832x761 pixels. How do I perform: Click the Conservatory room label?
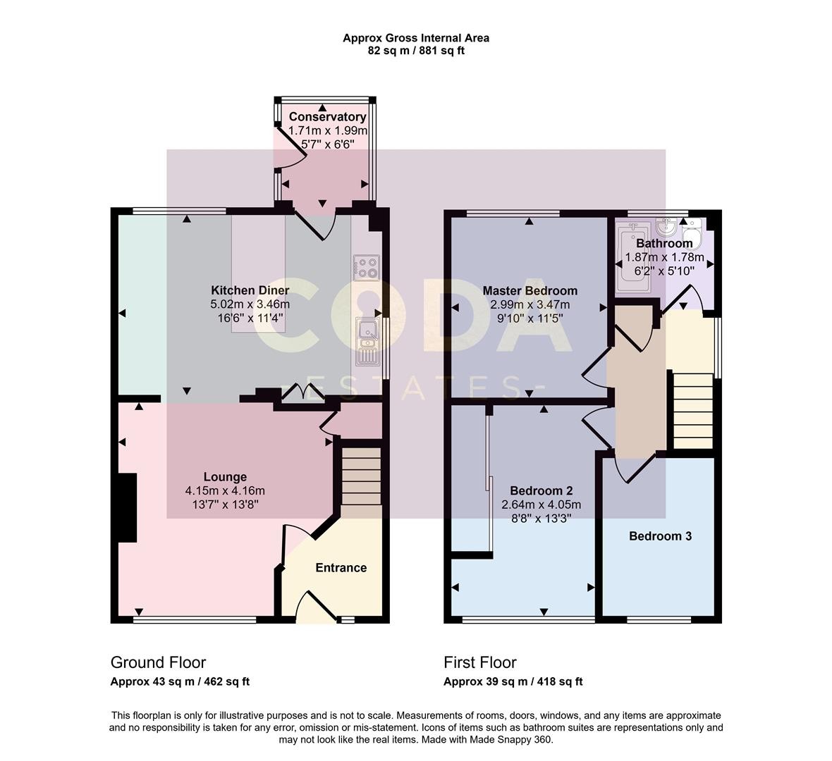[327, 117]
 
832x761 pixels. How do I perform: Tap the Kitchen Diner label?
[250, 290]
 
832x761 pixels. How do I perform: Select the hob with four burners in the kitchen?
[367, 268]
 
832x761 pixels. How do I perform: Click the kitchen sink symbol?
[367, 342]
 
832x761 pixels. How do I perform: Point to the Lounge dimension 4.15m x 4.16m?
[225, 490]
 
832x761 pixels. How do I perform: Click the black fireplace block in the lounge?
[127, 507]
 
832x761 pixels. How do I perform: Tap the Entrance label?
[341, 568]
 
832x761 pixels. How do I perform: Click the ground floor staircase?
[361, 476]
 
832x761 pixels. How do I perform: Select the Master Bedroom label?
[530, 290]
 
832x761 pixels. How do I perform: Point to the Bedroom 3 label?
[661, 536]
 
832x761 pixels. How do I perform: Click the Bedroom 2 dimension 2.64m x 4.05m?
[542, 505]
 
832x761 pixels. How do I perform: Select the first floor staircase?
[693, 411]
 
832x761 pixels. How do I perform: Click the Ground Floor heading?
[158, 662]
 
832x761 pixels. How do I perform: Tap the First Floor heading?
[480, 662]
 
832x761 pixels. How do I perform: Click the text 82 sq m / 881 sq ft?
[416, 51]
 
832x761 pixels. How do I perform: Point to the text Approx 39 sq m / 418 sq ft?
[513, 682]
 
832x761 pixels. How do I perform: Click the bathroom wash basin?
[665, 228]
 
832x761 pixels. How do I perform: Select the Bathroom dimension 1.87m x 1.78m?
[664, 257]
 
